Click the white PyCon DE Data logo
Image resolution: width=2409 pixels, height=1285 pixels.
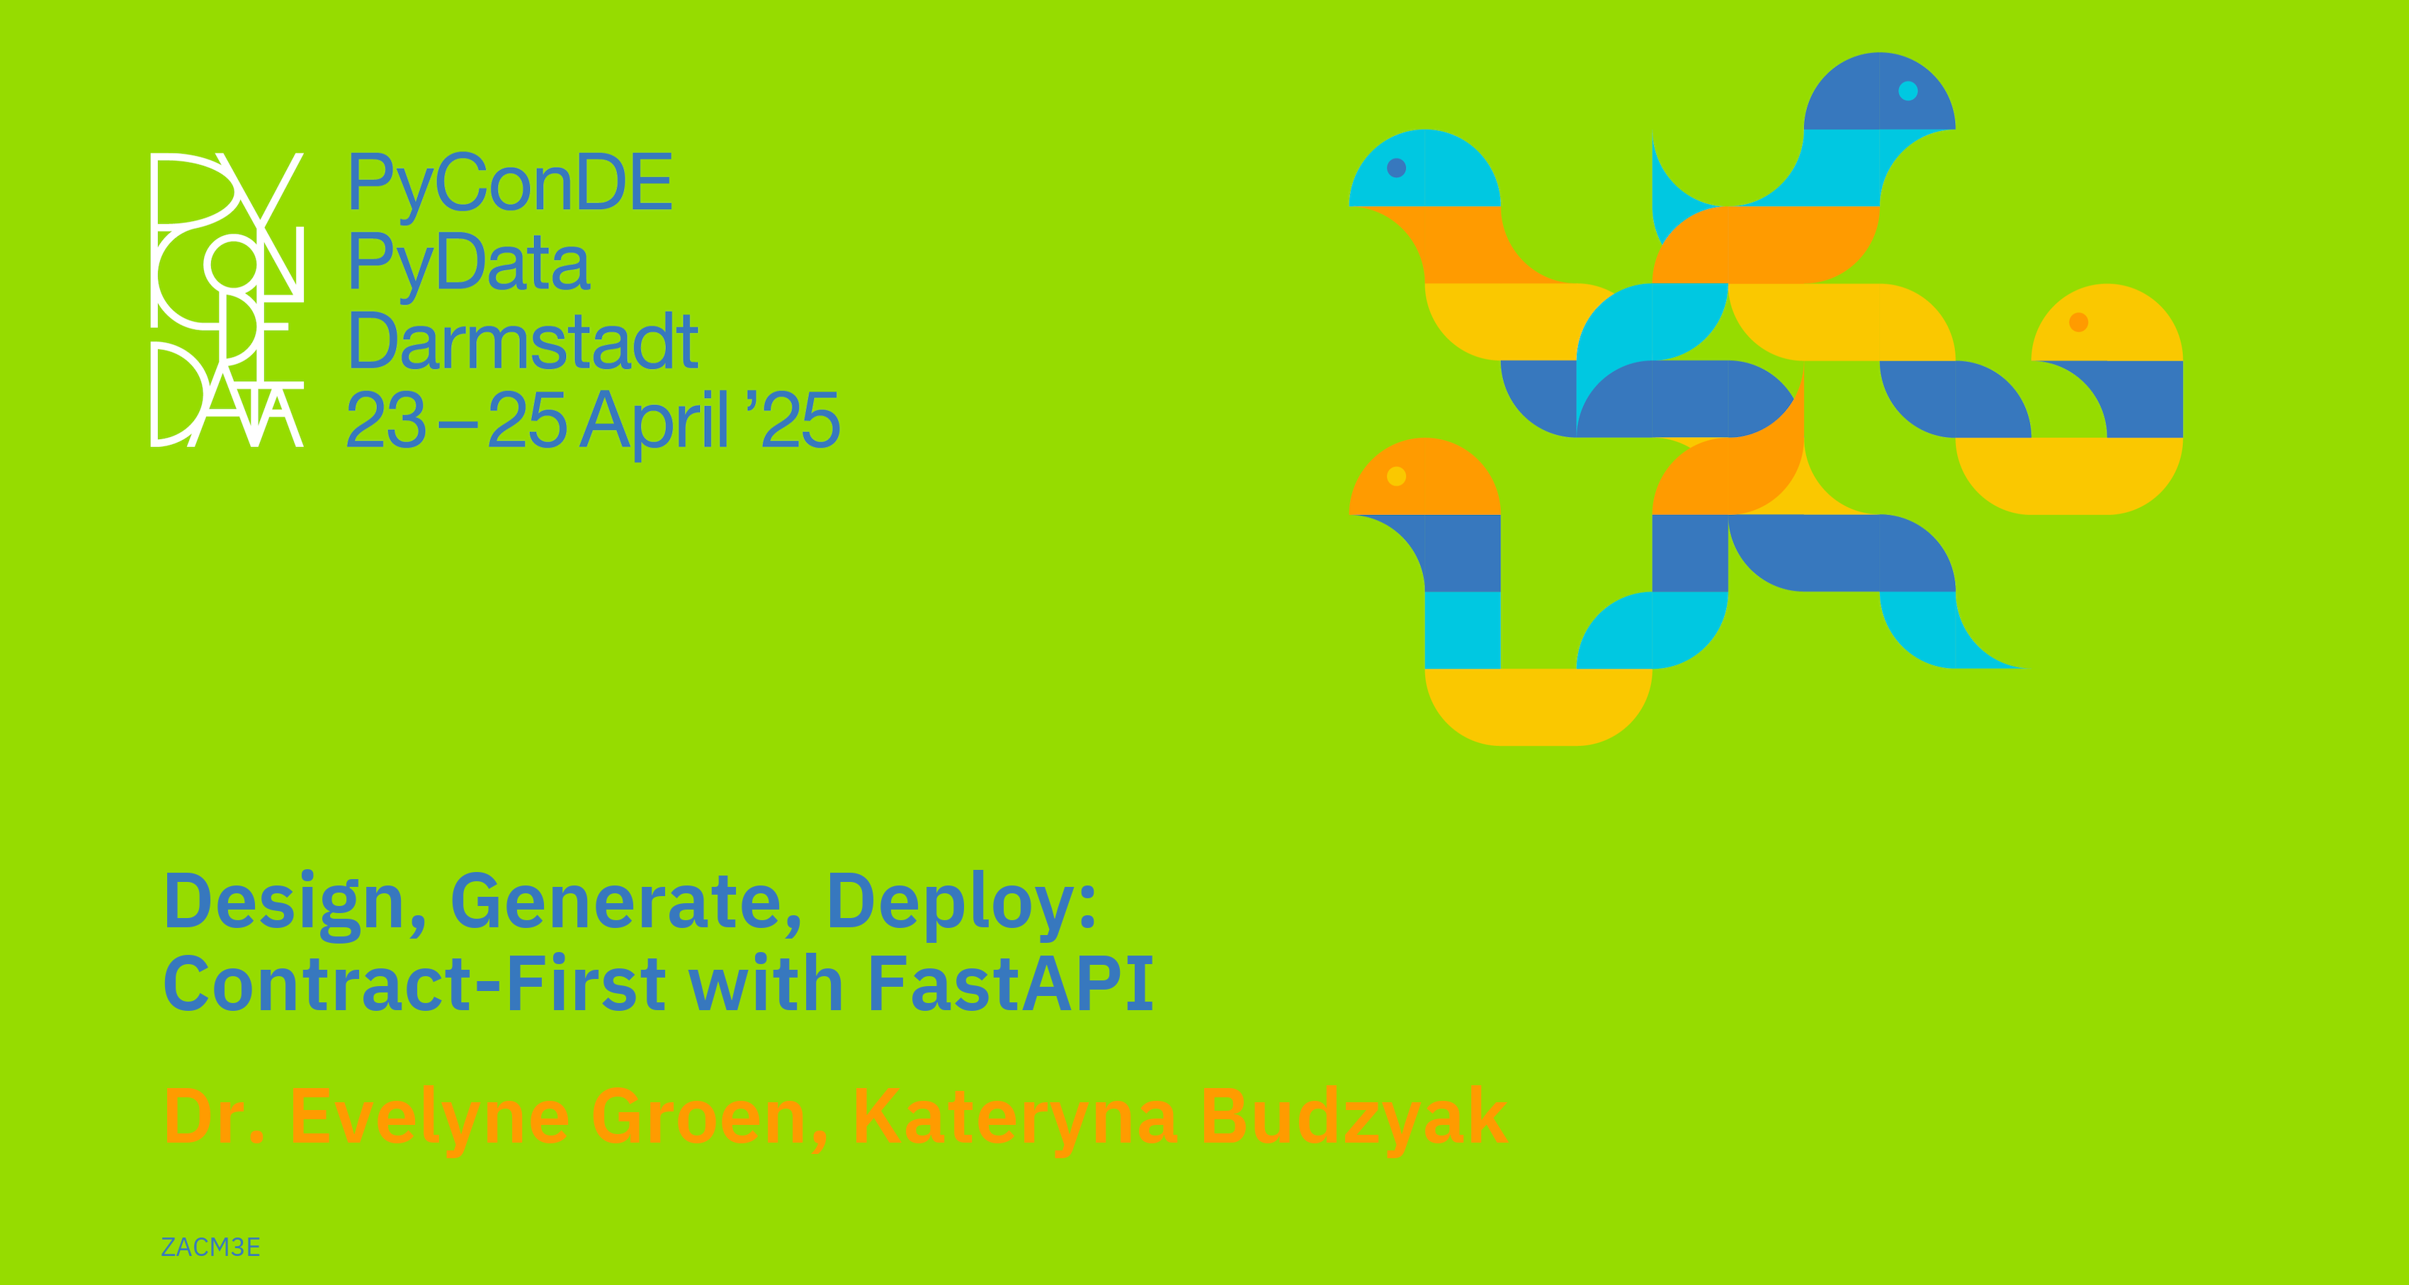point(227,299)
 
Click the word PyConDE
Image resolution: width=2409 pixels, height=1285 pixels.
point(510,184)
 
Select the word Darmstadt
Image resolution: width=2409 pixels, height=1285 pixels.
point(523,341)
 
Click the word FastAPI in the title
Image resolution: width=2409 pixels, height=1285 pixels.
point(1011,984)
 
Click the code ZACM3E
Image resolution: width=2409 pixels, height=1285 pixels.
point(210,1247)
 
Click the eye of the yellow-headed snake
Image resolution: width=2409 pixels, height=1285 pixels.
point(2078,322)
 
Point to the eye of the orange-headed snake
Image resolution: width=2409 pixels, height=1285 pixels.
point(1396,476)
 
